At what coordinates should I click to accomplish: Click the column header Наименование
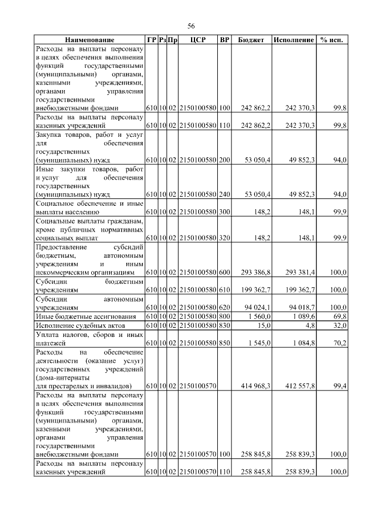coord(89,40)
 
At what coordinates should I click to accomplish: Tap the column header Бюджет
coord(251,40)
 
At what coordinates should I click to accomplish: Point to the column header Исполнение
coord(294,40)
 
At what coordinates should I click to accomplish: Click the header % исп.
coord(332,40)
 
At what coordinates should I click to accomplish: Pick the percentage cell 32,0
coord(339,324)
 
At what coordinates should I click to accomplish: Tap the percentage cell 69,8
coord(339,316)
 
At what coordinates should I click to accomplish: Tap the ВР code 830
coord(224,324)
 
